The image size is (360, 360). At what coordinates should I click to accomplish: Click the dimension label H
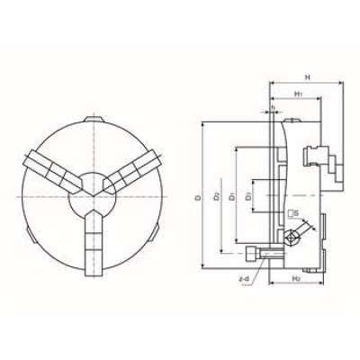pyautogui.click(x=308, y=77)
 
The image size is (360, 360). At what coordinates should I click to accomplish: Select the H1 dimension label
pyautogui.click(x=298, y=94)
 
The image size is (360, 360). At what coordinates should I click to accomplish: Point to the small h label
pyautogui.click(x=272, y=108)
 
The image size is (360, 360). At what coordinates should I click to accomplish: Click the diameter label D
pyautogui.click(x=197, y=195)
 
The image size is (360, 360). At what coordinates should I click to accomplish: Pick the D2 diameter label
pyautogui.click(x=217, y=195)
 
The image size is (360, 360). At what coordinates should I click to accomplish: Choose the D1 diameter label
pyautogui.click(x=232, y=195)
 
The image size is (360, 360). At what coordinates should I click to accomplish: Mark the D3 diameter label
pyautogui.click(x=249, y=195)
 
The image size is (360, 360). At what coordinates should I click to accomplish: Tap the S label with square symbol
pyautogui.click(x=293, y=212)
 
